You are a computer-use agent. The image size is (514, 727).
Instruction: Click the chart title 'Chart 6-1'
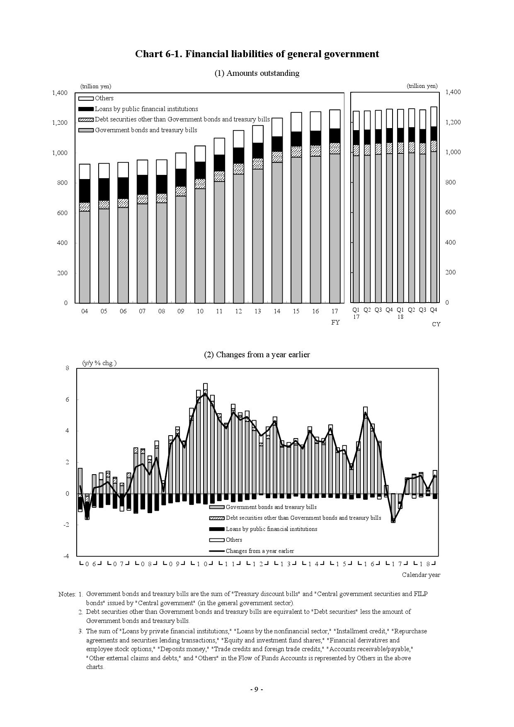(x=257, y=54)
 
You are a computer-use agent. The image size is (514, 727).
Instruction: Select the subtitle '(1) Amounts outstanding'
(x=257, y=73)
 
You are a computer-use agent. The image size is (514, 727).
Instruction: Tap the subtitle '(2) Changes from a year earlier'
(x=257, y=355)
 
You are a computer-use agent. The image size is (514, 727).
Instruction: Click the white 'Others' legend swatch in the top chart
(x=86, y=99)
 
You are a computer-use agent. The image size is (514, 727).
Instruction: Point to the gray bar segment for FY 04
(x=85, y=257)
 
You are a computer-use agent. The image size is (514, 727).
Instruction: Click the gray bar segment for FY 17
(x=335, y=228)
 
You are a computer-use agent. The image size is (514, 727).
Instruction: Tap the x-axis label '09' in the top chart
(x=180, y=311)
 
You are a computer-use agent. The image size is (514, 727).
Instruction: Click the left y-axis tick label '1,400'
(x=60, y=93)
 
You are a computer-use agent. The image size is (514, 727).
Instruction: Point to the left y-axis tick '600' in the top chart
(x=63, y=213)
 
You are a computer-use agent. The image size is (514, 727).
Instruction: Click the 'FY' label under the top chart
(x=335, y=322)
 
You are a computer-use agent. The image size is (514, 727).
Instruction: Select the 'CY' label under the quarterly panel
(x=436, y=324)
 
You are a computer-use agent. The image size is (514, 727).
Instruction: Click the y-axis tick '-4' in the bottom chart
(x=66, y=556)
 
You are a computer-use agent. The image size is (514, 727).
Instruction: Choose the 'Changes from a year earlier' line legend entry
(x=259, y=551)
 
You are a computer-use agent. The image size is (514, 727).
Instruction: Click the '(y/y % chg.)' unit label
(x=99, y=363)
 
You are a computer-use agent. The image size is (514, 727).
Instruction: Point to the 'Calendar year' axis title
(x=421, y=575)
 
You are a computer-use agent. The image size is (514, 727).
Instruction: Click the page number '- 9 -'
(x=257, y=689)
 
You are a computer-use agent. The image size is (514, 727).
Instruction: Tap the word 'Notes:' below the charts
(x=67, y=594)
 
